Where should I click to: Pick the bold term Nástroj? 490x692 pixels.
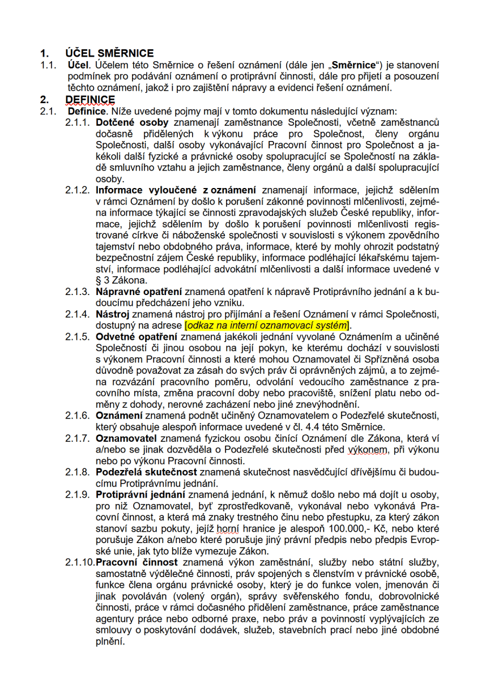coord(113,314)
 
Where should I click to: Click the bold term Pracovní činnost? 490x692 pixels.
coord(137,562)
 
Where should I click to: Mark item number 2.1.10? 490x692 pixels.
coord(80,562)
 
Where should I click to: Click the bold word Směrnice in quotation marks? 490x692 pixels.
coord(352,66)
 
